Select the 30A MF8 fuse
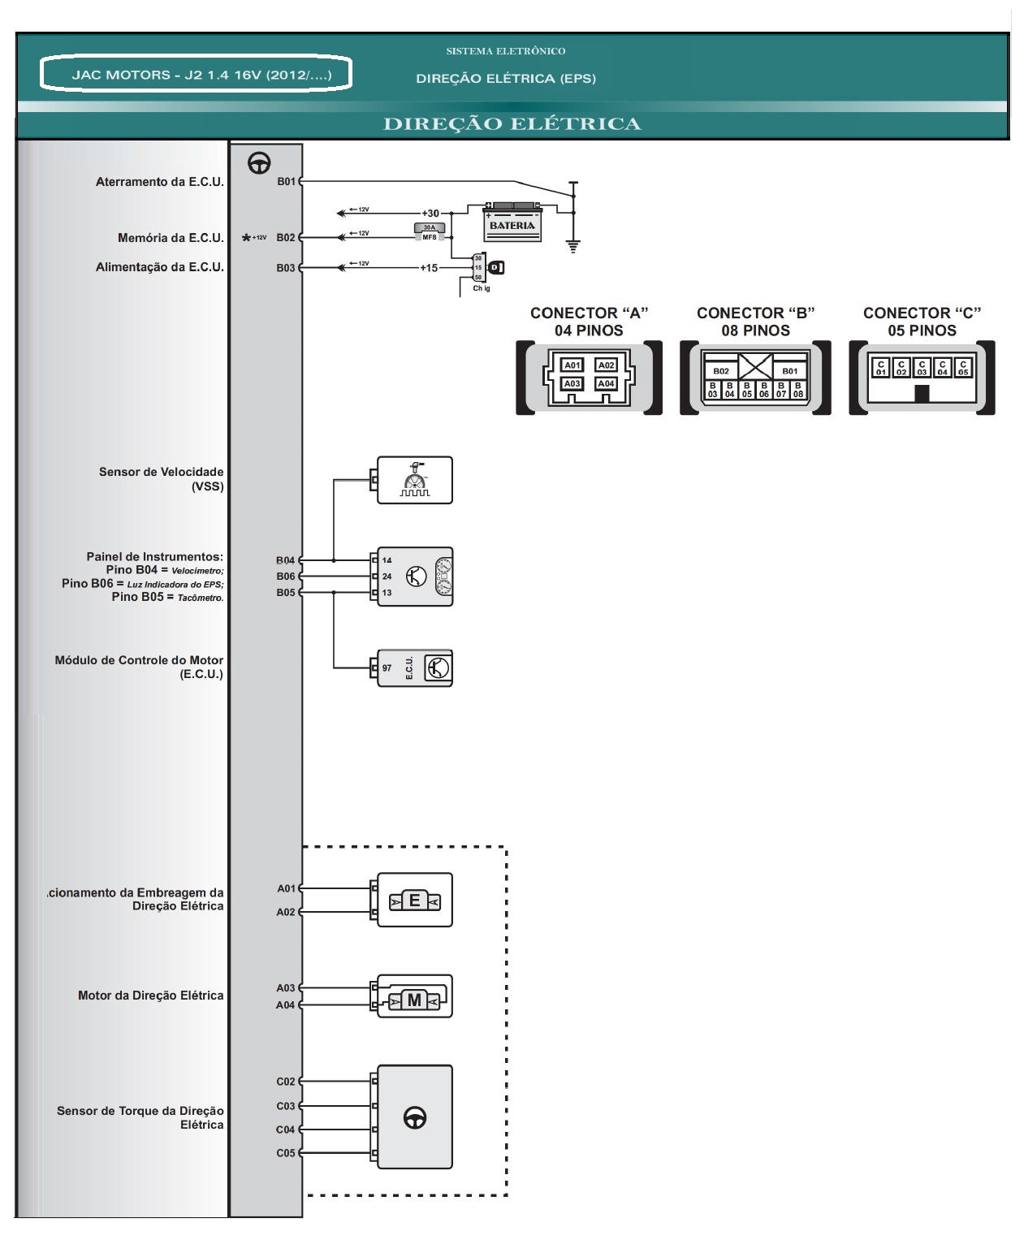pyautogui.click(x=430, y=232)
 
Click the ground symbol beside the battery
pyautogui.click(x=573, y=245)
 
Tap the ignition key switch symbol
pyautogui.click(x=494, y=267)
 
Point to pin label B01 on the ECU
pyautogui.click(x=286, y=182)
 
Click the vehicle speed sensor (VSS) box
pyautogui.click(x=415, y=480)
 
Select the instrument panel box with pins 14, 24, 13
pyautogui.click(x=415, y=577)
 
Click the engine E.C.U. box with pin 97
pyautogui.click(x=415, y=668)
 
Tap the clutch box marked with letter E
pyautogui.click(x=414, y=901)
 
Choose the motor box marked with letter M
pyautogui.click(x=414, y=997)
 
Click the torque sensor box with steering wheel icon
pyautogui.click(x=414, y=1117)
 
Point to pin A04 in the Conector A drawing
pyautogui.click(x=606, y=383)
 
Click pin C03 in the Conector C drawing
pyautogui.click(x=922, y=368)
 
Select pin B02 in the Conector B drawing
pyautogui.click(x=721, y=371)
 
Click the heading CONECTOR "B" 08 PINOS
pyautogui.click(x=755, y=322)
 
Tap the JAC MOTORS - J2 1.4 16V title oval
pyautogui.click(x=197, y=75)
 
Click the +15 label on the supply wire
pyautogui.click(x=428, y=267)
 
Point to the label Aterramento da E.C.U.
pyautogui.click(x=159, y=182)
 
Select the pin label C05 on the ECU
pyautogui.click(x=286, y=1153)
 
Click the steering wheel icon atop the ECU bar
pyautogui.click(x=260, y=162)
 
